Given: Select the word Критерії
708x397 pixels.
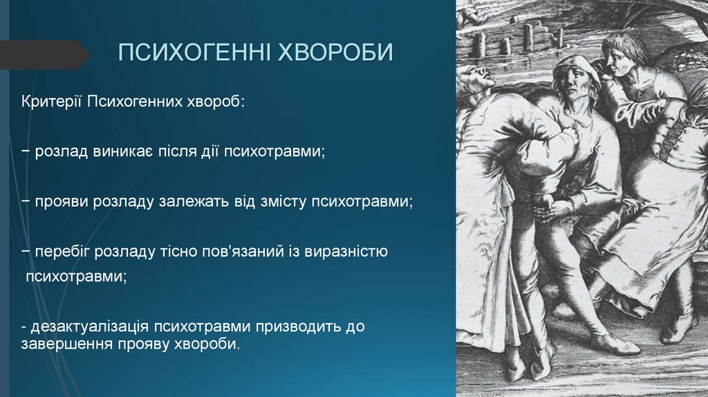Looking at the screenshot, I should click(x=52, y=102).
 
